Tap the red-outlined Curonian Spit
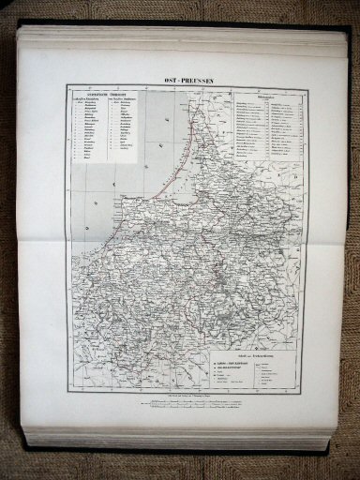[x=194, y=150]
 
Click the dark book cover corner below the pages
[x=323, y=450]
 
